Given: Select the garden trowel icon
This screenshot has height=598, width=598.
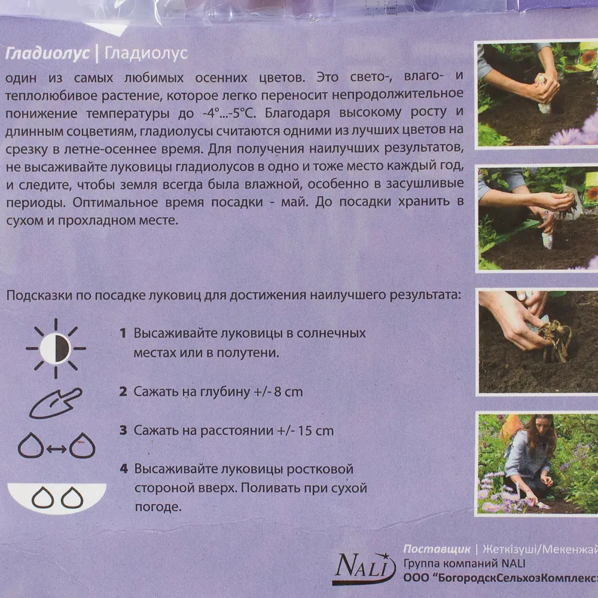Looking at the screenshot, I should pyautogui.click(x=55, y=403).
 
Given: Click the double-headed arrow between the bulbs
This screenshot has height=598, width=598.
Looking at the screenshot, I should pyautogui.click(x=56, y=447).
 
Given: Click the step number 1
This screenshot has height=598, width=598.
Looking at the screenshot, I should pyautogui.click(x=123, y=333).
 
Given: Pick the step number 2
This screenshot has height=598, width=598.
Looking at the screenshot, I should pyautogui.click(x=123, y=392).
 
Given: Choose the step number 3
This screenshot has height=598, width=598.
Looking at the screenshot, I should pyautogui.click(x=123, y=431).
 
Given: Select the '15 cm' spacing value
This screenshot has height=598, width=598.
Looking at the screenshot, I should pyautogui.click(x=315, y=431).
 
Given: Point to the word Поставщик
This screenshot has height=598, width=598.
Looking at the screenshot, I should pyautogui.click(x=437, y=550).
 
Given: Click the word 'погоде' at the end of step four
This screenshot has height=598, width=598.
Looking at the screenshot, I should pyautogui.click(x=157, y=508).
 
